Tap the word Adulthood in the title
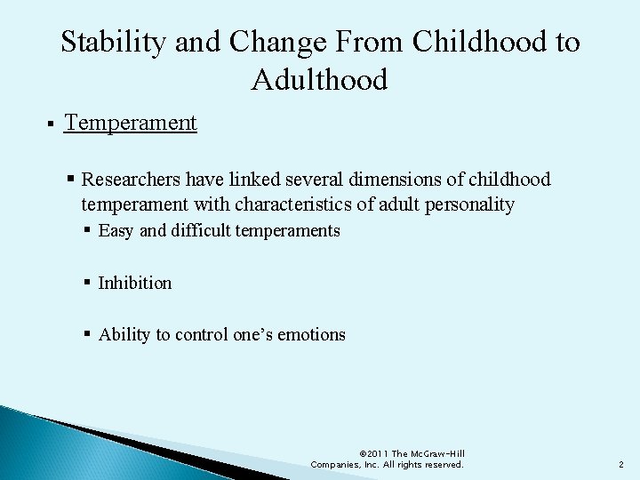pyautogui.click(x=320, y=80)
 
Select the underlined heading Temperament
pyautogui.click(x=131, y=123)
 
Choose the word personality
pyautogui.click(x=468, y=204)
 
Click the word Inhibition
pyautogui.click(x=135, y=283)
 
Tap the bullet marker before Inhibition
pyautogui.click(x=88, y=284)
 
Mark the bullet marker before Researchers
pyautogui.click(x=70, y=180)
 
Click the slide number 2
pyautogui.click(x=620, y=464)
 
